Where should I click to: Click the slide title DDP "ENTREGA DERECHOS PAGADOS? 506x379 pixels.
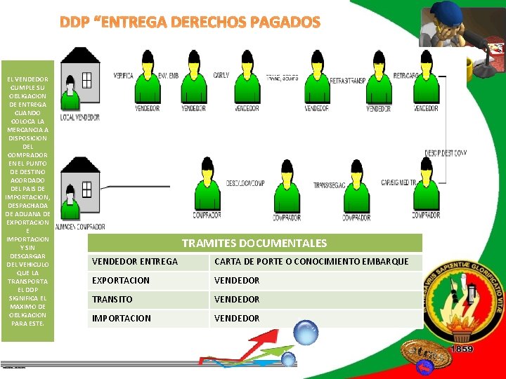click(190, 22)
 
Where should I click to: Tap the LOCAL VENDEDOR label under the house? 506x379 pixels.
click(79, 117)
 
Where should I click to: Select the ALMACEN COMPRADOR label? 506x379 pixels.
click(80, 227)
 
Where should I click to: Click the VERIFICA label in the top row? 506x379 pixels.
click(124, 74)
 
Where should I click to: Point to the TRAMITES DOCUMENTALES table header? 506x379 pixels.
click(254, 244)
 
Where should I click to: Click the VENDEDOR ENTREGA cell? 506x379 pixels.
click(135, 262)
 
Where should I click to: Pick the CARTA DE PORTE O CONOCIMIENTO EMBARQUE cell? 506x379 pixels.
click(311, 262)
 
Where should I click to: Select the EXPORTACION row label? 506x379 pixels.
click(121, 281)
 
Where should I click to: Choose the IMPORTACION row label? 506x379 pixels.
click(121, 319)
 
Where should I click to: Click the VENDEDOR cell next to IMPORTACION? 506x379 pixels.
click(237, 319)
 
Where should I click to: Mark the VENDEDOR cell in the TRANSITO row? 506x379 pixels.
click(237, 300)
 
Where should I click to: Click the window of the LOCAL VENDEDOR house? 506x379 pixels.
click(86, 80)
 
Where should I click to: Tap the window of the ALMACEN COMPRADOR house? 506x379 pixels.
click(86, 189)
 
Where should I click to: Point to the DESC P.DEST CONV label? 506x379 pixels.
click(446, 153)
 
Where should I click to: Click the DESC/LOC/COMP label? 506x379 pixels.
click(245, 183)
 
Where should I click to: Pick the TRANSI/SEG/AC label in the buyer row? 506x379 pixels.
click(330, 185)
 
